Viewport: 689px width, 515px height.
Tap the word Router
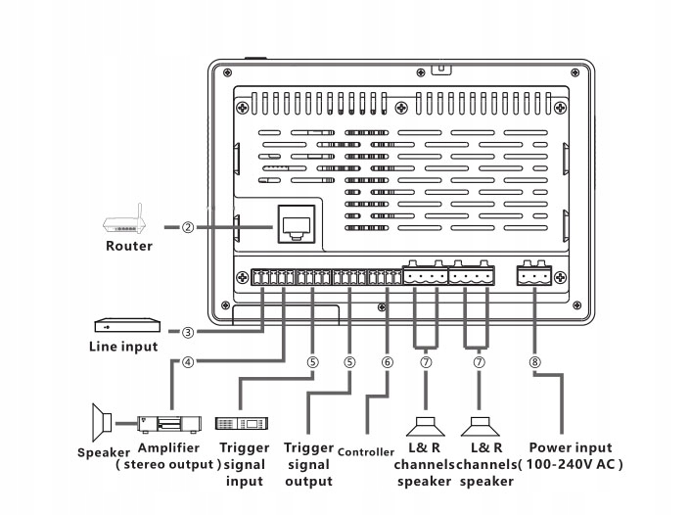pos(129,246)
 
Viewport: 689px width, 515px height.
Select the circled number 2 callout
pos(187,227)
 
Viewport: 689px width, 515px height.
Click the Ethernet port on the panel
pos(296,226)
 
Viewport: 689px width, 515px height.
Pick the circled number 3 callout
pos(187,331)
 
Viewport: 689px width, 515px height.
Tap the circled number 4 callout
pos(187,360)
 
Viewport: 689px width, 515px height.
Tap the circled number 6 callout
pos(388,360)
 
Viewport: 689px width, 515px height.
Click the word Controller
pos(368,451)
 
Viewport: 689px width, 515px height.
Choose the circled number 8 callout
pos(533,360)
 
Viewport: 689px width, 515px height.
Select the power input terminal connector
pos(534,277)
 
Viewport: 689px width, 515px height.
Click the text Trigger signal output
pos(308,464)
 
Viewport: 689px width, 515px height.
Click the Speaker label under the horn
pos(103,451)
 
